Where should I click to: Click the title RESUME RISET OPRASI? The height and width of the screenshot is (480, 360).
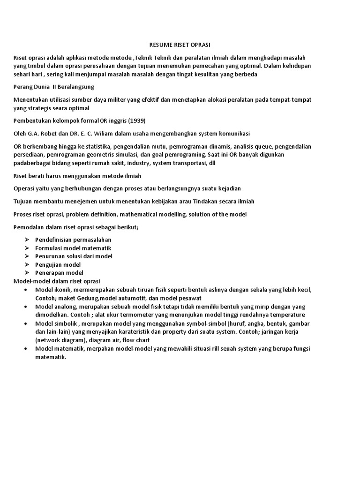pyautogui.click(x=180, y=45)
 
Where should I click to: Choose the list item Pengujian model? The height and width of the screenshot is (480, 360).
pyautogui.click(x=58, y=264)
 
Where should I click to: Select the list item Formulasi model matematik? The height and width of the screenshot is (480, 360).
pyautogui.click(x=73, y=248)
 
